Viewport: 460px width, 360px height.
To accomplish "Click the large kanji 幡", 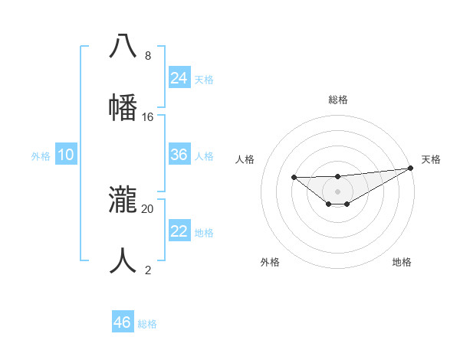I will tap(123, 106).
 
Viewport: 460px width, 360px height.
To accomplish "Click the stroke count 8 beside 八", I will tap(147, 56).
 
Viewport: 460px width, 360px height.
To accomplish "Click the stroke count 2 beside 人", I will tap(147, 270).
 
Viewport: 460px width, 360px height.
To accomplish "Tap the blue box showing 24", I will tap(179, 78).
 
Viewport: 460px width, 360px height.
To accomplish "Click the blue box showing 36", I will tap(179, 155).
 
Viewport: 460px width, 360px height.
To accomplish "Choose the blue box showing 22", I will tap(179, 231).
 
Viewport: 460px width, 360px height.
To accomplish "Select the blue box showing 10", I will tap(66, 155).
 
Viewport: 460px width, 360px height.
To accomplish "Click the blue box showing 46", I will tap(122, 322).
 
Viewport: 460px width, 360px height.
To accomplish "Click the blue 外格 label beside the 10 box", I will tap(41, 156).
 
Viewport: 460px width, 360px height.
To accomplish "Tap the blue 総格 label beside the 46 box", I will tap(147, 324).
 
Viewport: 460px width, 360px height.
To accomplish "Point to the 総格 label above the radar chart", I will tap(338, 100).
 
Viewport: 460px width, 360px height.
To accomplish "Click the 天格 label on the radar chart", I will tap(431, 159).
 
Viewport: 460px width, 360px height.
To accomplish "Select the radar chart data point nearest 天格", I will tap(411, 169).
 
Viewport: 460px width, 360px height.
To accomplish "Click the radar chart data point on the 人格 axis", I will tap(294, 177).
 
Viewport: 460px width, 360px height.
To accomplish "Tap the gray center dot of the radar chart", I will tap(338, 191).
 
